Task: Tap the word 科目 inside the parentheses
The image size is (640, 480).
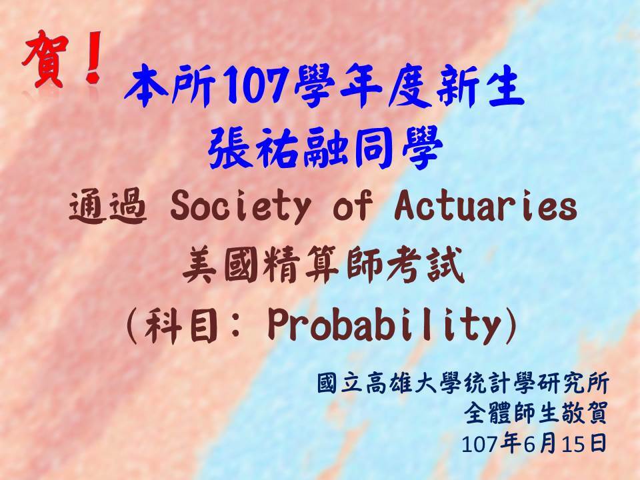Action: pos(180,325)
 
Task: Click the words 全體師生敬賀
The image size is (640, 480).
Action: pos(536,413)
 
